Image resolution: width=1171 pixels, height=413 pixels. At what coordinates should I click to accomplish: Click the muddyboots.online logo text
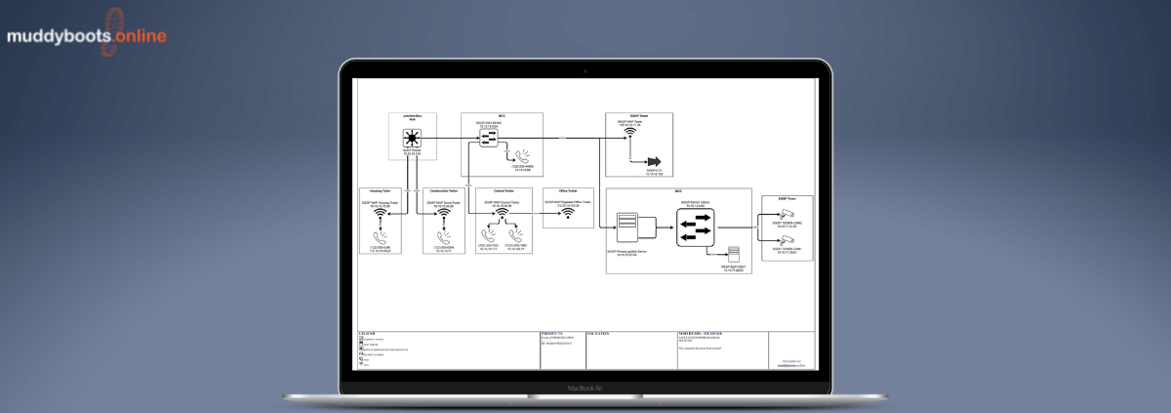(73, 37)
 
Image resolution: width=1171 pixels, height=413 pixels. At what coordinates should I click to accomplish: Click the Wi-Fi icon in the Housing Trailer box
(383, 215)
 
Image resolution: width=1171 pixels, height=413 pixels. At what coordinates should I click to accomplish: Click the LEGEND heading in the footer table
(367, 334)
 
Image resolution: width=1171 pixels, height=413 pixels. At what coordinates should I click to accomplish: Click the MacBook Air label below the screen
(585, 388)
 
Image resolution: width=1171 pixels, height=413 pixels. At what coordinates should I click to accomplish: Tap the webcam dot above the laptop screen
(585, 70)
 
